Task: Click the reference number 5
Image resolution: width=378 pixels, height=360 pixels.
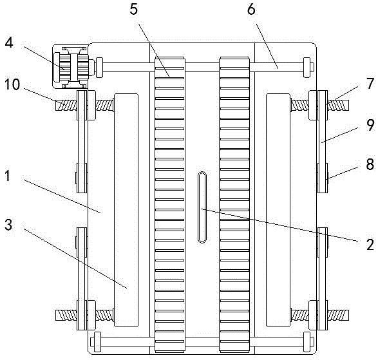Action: [134, 10]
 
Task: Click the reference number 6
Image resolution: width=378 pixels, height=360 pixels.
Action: [251, 10]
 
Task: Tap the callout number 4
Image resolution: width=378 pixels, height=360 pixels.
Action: [9, 43]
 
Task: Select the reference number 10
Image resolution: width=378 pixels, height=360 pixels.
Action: [12, 84]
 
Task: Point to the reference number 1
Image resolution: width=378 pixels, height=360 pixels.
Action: [8, 176]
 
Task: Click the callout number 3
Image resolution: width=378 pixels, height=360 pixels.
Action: [8, 225]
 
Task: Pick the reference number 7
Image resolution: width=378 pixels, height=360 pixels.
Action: [370, 84]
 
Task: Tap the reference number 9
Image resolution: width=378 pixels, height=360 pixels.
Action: [370, 126]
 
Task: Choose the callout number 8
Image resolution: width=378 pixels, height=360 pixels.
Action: [370, 164]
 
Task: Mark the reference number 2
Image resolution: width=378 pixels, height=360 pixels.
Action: [370, 245]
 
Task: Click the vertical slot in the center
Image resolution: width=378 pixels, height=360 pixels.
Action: [202, 207]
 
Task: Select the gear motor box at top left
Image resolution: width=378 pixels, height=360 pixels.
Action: [70, 66]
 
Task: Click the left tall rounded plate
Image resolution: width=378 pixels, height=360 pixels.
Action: [126, 210]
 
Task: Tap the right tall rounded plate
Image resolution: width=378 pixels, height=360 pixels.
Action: [278, 210]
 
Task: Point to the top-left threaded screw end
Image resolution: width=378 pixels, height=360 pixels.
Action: [66, 106]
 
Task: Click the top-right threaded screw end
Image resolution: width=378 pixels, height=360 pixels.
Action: [338, 105]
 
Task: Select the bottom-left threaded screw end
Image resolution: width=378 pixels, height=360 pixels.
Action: [66, 315]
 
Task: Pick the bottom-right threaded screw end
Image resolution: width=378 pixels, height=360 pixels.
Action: [338, 315]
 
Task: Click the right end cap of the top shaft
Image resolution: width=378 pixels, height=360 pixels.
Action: [308, 68]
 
